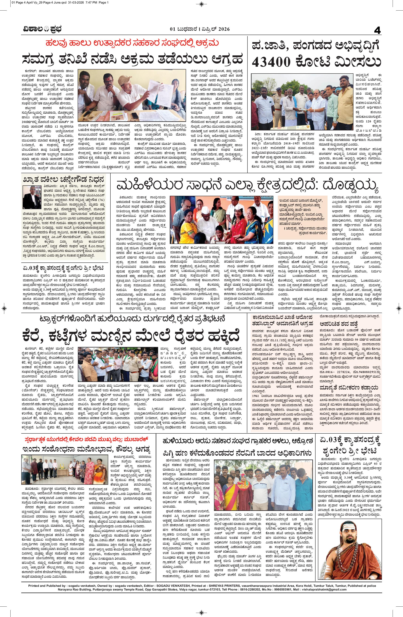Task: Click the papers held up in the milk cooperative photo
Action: point(159,96)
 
